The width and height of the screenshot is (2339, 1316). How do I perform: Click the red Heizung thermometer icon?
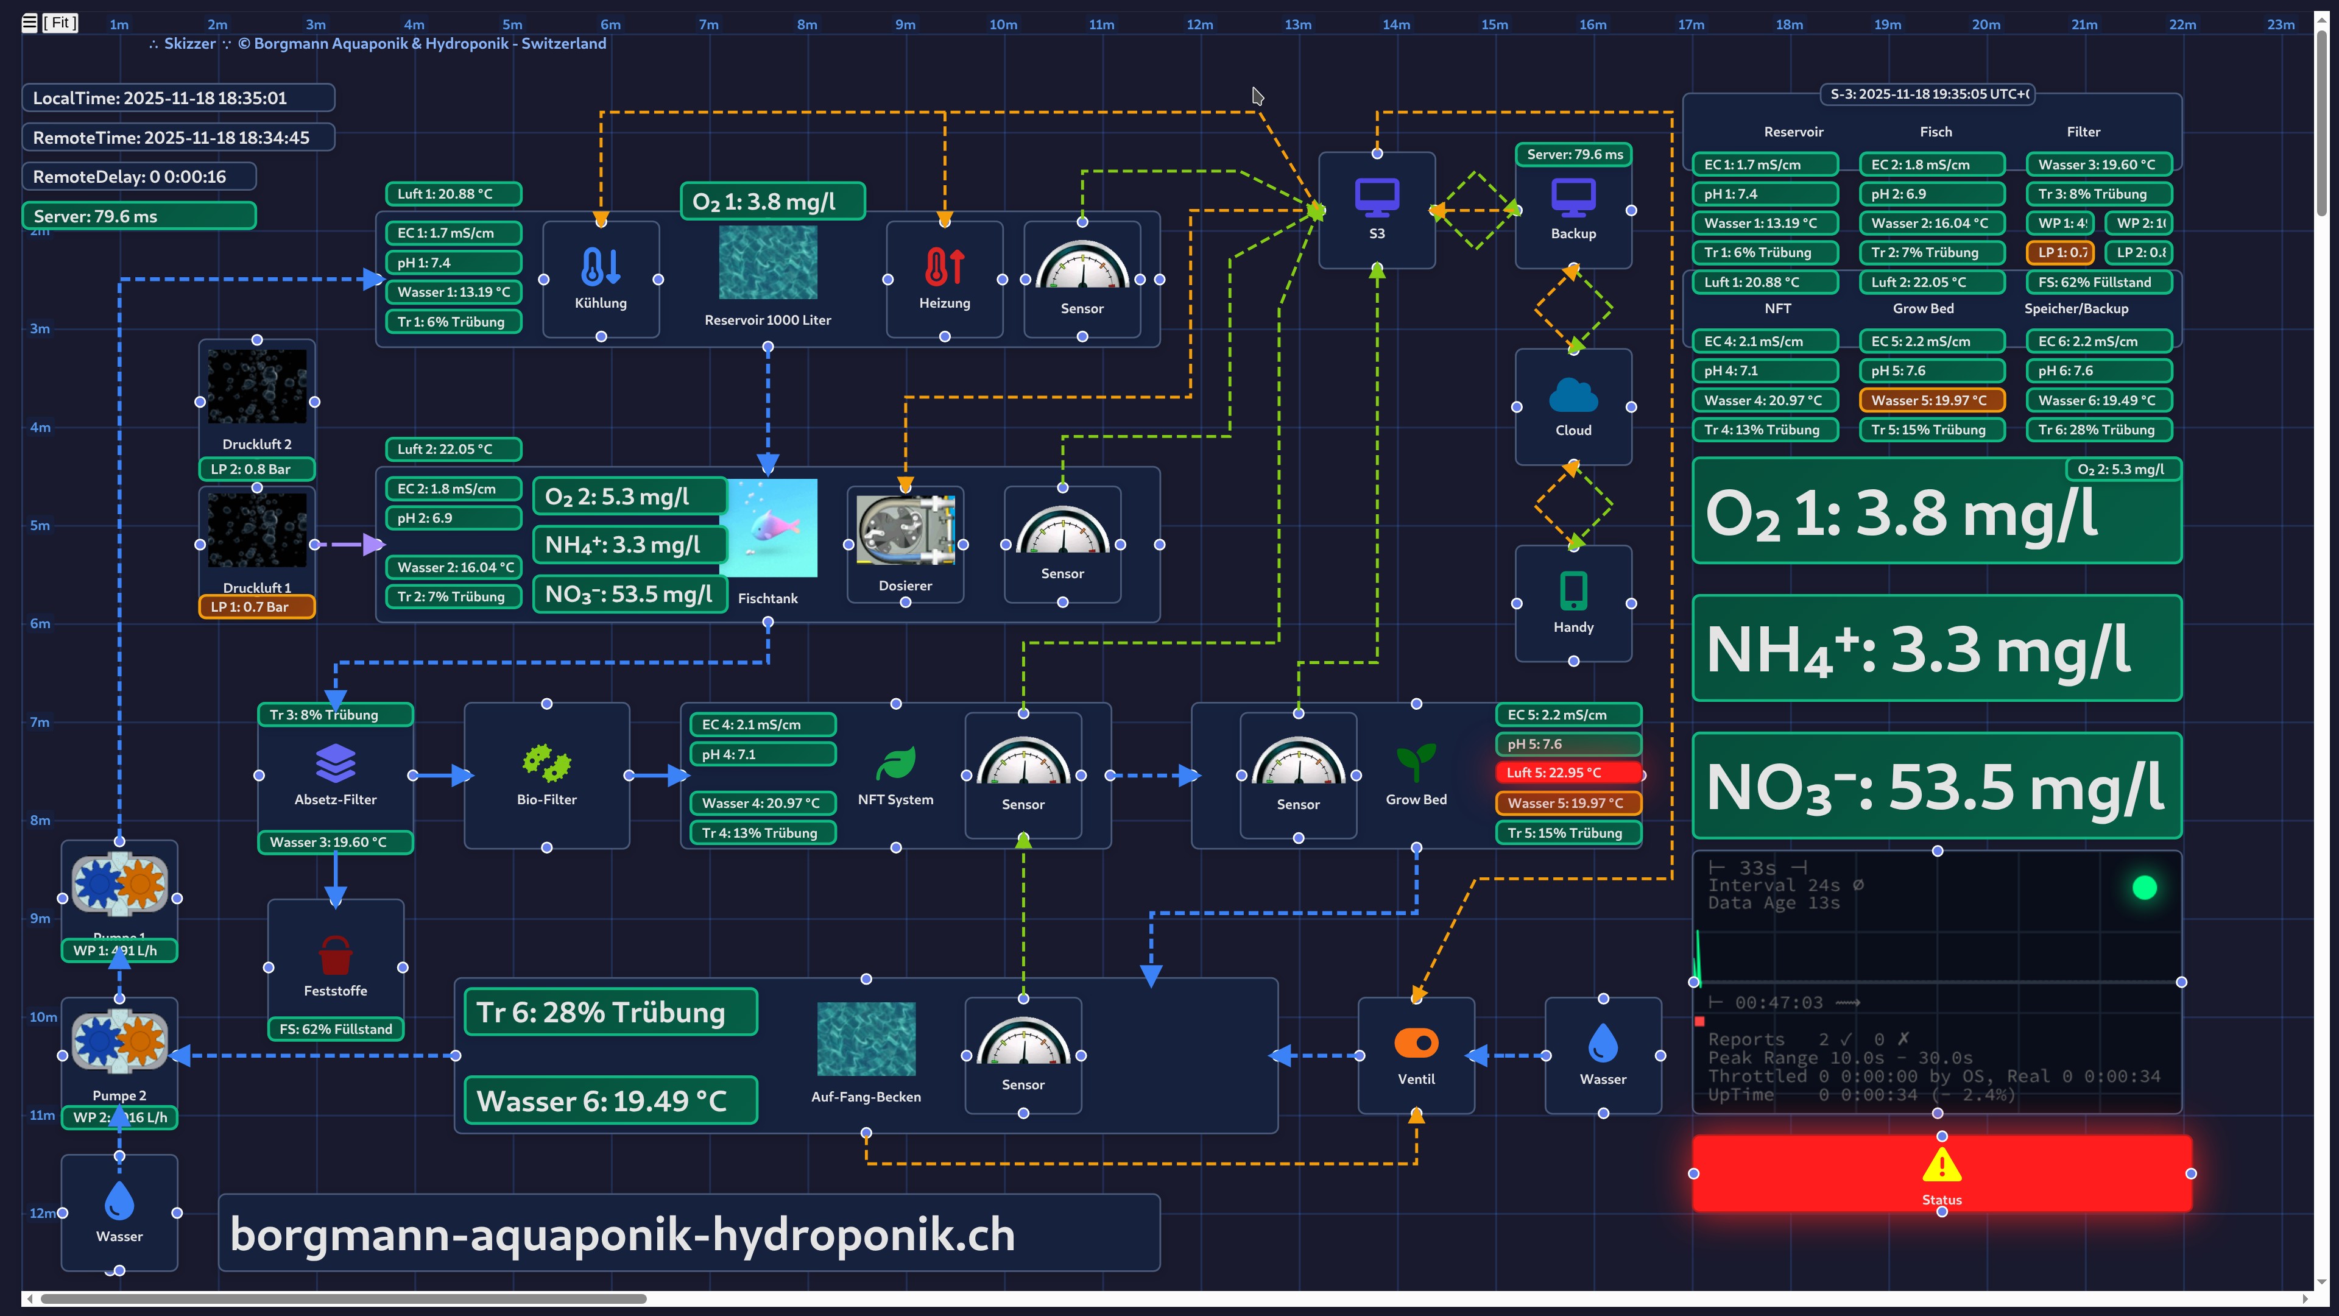click(944, 267)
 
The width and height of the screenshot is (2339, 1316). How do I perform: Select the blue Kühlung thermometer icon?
click(600, 267)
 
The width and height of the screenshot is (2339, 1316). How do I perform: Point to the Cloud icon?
click(1573, 396)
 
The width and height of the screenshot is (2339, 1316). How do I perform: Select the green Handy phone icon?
click(1573, 591)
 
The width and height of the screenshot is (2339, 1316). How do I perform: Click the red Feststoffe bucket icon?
click(335, 955)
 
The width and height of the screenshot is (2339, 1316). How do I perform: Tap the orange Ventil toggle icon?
click(1416, 1042)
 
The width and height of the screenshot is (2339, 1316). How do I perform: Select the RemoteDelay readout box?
click(139, 176)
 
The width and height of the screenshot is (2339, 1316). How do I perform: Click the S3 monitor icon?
click(1377, 197)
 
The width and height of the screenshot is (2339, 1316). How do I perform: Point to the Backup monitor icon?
click(1573, 197)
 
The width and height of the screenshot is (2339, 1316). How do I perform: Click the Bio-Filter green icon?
click(546, 763)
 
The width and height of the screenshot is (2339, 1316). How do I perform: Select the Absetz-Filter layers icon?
click(335, 763)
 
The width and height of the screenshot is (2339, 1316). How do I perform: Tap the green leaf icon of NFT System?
click(895, 763)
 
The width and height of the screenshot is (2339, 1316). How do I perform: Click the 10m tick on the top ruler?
click(1003, 24)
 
